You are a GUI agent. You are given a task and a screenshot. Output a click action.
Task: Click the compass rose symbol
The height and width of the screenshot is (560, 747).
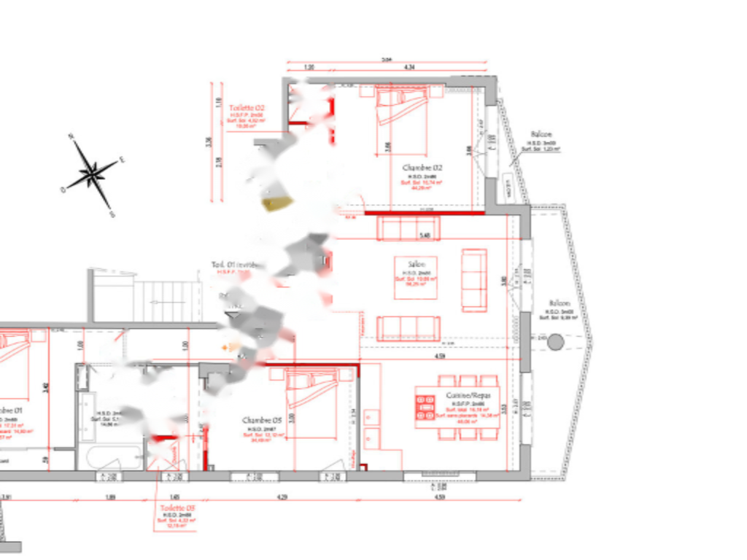(x=93, y=174)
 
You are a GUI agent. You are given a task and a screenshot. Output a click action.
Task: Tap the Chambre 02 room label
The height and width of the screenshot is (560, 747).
(x=422, y=168)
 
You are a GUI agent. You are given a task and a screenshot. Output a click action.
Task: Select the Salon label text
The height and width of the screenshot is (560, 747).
(x=408, y=264)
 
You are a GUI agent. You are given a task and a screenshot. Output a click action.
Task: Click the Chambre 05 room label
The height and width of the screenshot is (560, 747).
(x=261, y=421)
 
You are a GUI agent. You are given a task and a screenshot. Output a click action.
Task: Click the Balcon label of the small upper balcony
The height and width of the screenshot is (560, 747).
(x=541, y=135)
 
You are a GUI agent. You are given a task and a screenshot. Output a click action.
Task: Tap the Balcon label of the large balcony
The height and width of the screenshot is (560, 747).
(x=561, y=303)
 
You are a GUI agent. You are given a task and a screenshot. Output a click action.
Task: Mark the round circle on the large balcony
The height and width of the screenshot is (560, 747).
(x=556, y=341)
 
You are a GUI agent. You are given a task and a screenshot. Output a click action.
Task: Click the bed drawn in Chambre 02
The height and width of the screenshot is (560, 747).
(x=400, y=104)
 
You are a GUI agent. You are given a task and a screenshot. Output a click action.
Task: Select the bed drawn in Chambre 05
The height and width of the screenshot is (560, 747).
(x=311, y=388)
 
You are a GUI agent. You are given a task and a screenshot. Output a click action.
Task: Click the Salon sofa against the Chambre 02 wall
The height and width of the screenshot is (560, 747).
(x=408, y=228)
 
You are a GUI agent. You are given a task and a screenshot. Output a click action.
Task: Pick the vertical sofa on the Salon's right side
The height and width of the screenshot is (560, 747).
(x=474, y=280)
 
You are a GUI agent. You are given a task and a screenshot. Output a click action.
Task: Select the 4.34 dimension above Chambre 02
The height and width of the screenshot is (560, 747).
(x=410, y=67)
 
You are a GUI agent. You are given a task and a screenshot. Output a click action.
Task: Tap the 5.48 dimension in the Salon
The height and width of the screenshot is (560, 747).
(x=425, y=236)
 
